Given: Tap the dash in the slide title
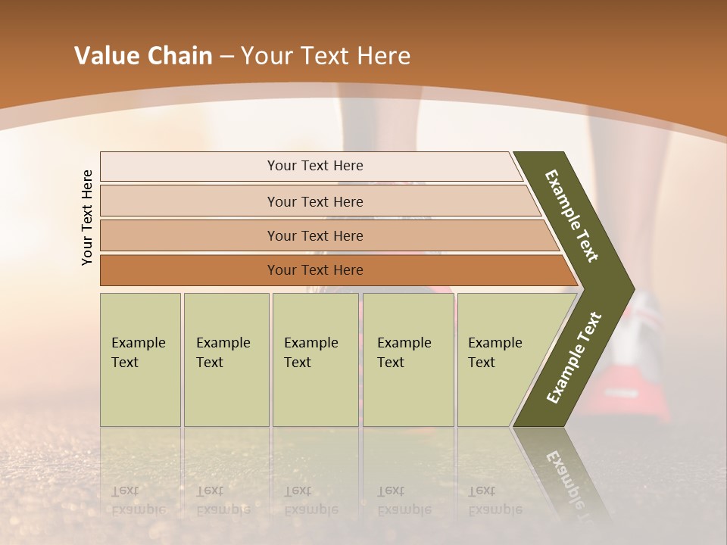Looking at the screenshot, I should coord(226,57).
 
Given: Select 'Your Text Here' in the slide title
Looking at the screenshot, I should coord(326,56).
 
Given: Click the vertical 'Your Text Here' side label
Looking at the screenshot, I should coord(87,217).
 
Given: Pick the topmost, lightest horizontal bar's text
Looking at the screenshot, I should coord(315,166).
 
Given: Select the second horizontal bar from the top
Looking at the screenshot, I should coord(315,201).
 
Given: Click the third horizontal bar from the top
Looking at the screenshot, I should coord(315,235).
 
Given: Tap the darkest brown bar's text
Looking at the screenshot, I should coord(315,270).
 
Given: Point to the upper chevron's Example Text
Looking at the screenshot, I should coord(572,216).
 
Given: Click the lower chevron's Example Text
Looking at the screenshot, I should coord(574,357).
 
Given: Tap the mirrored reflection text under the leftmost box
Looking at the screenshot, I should coord(139,500).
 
